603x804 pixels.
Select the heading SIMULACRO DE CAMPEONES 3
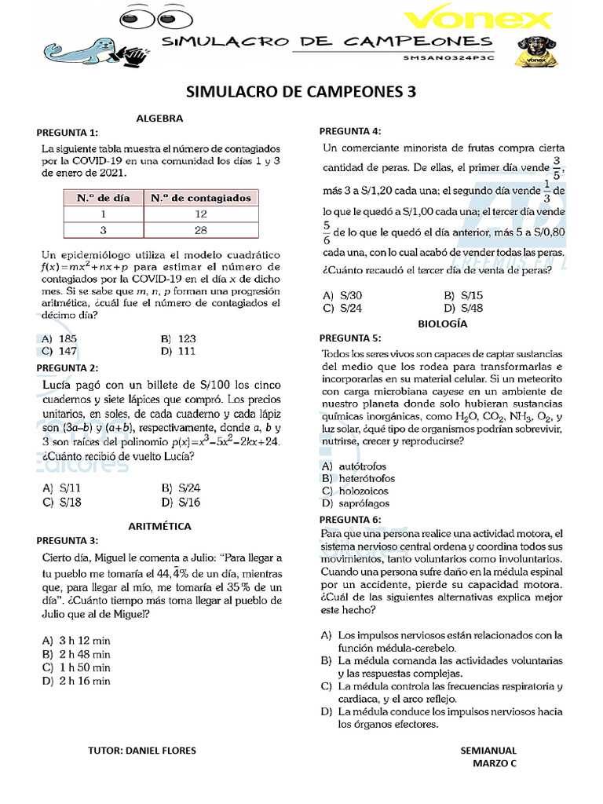click(x=301, y=92)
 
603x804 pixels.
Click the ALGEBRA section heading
click(x=159, y=119)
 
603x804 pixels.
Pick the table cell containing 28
click(x=201, y=229)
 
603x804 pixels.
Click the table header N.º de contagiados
click(x=201, y=198)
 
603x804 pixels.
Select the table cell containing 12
click(x=201, y=214)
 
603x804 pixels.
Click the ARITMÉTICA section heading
click(x=159, y=526)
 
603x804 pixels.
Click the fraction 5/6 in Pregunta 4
click(x=326, y=232)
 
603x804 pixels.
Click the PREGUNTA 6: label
click(x=350, y=520)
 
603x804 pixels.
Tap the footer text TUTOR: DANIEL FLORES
click(x=144, y=751)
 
